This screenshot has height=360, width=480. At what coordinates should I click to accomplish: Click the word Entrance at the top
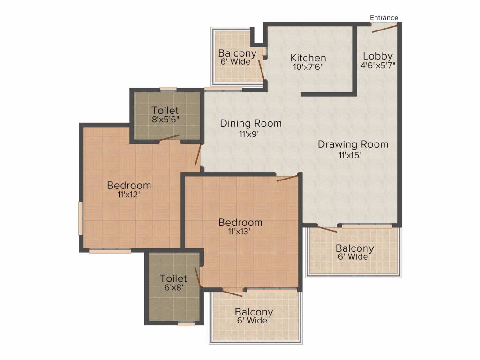coord(384,18)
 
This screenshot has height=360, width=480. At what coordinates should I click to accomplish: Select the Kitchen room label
coord(308,58)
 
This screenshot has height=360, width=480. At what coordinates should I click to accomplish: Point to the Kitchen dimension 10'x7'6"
coord(308,67)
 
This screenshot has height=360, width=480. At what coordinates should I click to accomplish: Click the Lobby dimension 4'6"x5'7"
coord(378,65)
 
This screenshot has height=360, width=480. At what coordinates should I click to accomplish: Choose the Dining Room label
coord(251,124)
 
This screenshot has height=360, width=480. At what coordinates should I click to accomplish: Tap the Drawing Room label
coord(353,144)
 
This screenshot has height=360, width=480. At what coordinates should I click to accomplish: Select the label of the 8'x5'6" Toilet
coord(165,110)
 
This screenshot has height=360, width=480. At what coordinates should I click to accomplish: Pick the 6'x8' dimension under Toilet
coord(173,287)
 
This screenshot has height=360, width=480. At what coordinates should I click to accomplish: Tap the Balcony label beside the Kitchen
coord(237,53)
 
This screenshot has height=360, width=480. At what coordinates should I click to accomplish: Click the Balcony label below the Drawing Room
coord(355,248)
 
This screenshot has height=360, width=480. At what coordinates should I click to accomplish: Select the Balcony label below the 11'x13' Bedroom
coord(254,312)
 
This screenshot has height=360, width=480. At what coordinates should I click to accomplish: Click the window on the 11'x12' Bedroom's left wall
coord(80,218)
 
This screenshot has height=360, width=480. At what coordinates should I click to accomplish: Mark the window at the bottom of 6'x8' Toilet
coord(186,323)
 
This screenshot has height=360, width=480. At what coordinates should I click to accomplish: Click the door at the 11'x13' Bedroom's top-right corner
coord(287,178)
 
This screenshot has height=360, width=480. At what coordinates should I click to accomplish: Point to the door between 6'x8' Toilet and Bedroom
coord(198,277)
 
